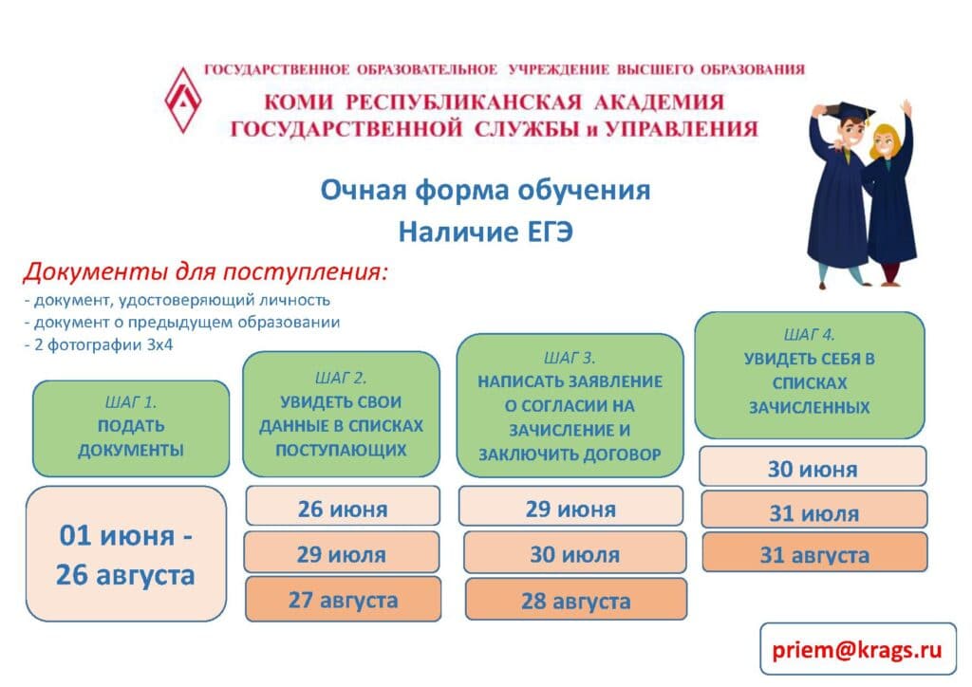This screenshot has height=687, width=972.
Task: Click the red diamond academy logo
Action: (x=183, y=101)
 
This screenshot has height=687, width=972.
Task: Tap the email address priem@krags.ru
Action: (x=857, y=649)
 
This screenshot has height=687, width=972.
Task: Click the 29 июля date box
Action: (x=342, y=552)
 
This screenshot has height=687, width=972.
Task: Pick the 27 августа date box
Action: (x=344, y=599)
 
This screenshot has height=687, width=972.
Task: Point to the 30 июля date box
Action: (x=575, y=552)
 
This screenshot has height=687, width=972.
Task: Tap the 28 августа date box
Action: (x=576, y=600)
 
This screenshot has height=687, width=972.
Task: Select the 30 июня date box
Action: (x=813, y=467)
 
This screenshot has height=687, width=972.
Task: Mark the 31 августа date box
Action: (x=815, y=552)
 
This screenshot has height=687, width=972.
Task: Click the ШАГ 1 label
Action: (x=131, y=402)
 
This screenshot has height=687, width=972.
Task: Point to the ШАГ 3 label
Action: (x=570, y=358)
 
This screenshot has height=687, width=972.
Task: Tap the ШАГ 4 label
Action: (x=810, y=335)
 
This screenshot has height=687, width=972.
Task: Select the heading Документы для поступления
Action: (x=206, y=271)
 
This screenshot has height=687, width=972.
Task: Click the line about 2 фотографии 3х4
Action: (x=99, y=345)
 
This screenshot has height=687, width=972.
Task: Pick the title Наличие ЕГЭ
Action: (x=485, y=232)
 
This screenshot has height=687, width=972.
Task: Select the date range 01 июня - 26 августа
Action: (x=126, y=554)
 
